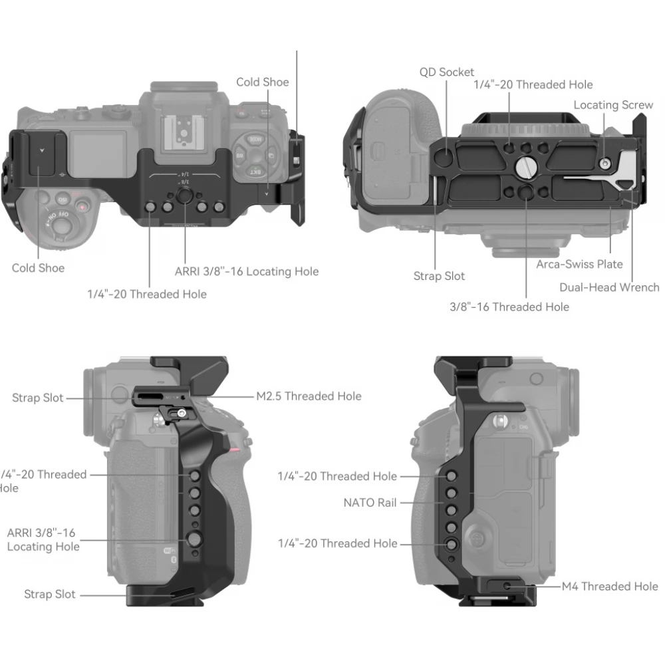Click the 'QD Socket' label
pyautogui.click(x=447, y=72)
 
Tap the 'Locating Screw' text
pyautogui.click(x=613, y=105)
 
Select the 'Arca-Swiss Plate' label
pyautogui.click(x=579, y=264)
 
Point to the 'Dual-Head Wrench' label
pyautogui.click(x=609, y=287)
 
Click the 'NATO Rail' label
pyautogui.click(x=370, y=503)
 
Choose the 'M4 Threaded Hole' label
pyautogui.click(x=610, y=586)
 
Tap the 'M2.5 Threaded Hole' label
pyautogui.click(x=309, y=396)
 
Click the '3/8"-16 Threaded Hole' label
pyautogui.click(x=509, y=307)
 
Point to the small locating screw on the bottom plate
pyautogui.click(x=604, y=163)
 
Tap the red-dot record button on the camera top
pyautogui.click(x=82, y=205)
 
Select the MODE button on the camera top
pyautogui.click(x=254, y=140)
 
